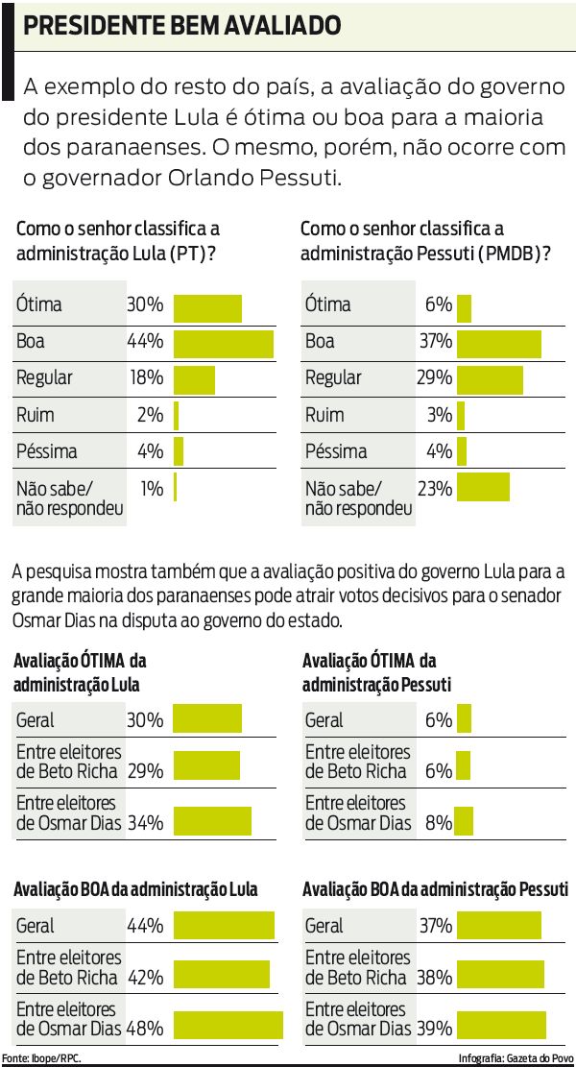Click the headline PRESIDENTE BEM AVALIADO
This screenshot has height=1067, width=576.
tap(181, 26)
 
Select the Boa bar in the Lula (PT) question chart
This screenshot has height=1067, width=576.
tap(223, 342)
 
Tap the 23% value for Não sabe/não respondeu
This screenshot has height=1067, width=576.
tap(434, 488)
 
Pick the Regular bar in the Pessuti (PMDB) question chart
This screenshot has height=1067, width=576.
tap(490, 378)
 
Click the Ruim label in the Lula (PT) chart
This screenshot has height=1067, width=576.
tap(36, 415)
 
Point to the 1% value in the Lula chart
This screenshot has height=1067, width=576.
tap(152, 488)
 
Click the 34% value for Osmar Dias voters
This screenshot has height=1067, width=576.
tap(146, 822)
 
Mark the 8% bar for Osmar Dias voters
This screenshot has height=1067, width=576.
tap(466, 822)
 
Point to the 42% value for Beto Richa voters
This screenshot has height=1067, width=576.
tap(146, 978)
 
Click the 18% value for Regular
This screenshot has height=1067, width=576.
tap(146, 377)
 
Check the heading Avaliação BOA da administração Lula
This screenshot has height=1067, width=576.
tap(135, 889)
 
